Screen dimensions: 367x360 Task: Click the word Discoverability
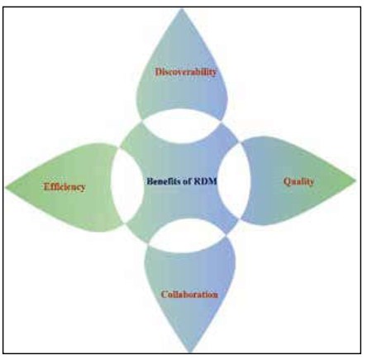(x=186, y=72)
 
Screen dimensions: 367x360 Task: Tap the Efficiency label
(x=64, y=187)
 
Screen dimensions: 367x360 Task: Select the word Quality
(x=298, y=181)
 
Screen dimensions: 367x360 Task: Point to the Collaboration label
(x=189, y=295)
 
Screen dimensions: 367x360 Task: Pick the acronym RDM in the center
(x=206, y=181)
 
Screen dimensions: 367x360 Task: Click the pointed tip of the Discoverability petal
(x=181, y=9)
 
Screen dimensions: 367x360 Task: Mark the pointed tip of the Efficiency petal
(x=6, y=188)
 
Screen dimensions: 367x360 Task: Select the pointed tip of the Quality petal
(x=355, y=180)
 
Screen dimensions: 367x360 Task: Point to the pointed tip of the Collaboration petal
(x=190, y=352)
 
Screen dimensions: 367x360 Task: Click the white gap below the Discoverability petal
(x=183, y=126)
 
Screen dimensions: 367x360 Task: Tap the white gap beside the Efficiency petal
(x=126, y=185)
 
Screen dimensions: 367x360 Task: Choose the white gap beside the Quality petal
(x=234, y=180)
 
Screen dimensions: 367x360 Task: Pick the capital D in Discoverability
(x=159, y=72)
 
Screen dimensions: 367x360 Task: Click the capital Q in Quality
(x=287, y=182)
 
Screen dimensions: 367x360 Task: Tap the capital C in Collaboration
(x=164, y=295)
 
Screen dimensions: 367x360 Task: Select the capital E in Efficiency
(x=47, y=187)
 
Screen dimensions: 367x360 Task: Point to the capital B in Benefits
(x=150, y=181)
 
